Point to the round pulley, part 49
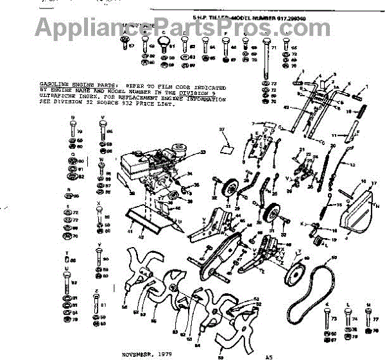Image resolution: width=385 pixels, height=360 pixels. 298,274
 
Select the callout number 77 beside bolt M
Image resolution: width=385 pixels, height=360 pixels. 376,318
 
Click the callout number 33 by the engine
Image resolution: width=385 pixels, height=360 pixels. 203,152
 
